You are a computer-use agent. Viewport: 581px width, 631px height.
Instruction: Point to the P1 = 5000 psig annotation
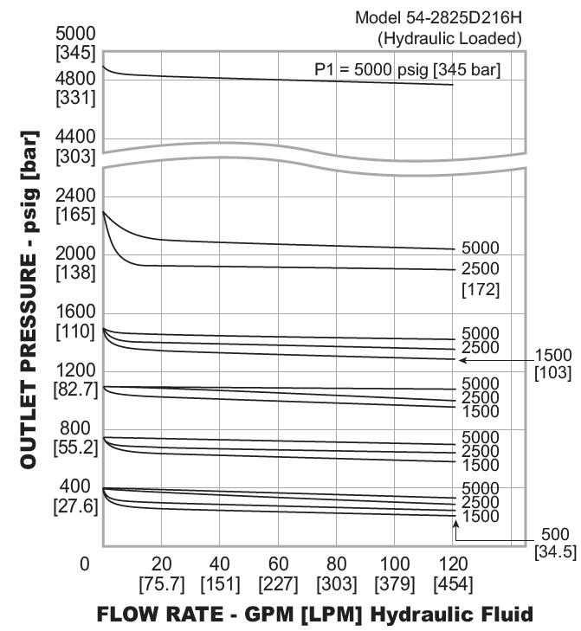407,69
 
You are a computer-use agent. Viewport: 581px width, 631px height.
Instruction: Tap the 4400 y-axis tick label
75,138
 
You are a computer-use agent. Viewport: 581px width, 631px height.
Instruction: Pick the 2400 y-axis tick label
75,195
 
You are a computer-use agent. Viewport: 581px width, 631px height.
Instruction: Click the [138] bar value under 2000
75,272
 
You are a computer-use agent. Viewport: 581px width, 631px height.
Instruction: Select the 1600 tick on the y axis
75,312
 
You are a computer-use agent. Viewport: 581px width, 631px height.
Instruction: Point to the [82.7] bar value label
75,390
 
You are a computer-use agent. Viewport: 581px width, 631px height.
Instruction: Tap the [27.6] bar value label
75,505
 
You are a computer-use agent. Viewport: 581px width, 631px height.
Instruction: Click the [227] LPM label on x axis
278,585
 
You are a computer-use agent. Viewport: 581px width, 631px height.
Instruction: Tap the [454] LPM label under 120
453,585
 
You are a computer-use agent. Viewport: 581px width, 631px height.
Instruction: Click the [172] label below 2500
480,288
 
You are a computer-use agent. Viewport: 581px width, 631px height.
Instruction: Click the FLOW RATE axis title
314,615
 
